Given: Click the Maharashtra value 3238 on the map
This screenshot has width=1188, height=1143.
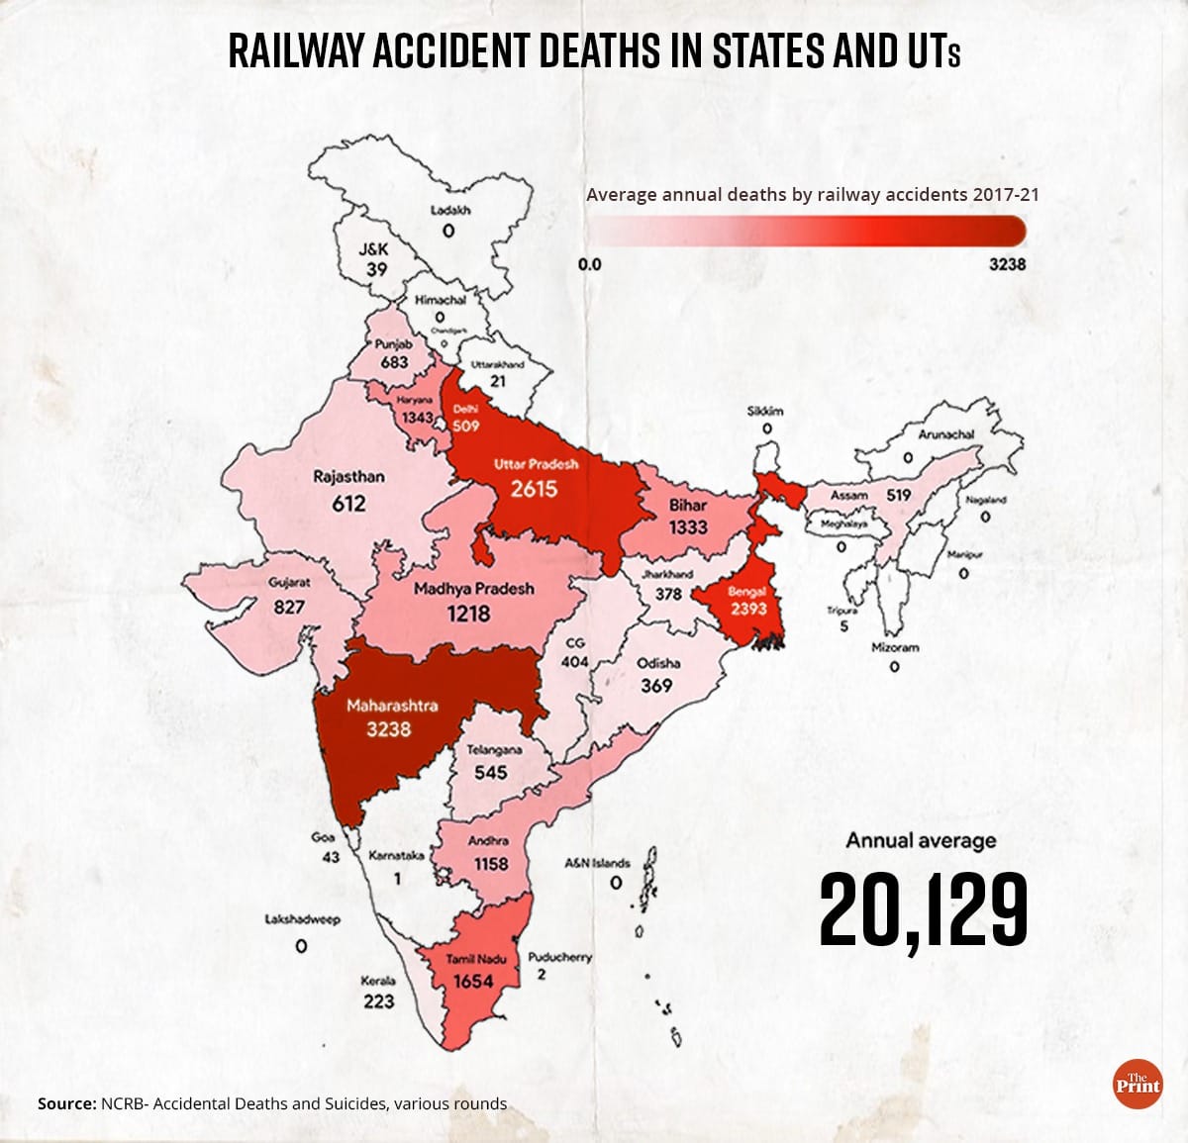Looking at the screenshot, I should pyautogui.click(x=388, y=730).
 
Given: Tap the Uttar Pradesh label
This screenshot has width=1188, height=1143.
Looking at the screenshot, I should pyautogui.click(x=536, y=463).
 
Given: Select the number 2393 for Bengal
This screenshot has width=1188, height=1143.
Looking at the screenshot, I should pyautogui.click(x=748, y=609).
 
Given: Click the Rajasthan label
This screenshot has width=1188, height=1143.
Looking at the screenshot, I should pyautogui.click(x=348, y=476).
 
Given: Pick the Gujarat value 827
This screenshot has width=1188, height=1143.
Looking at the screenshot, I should pyautogui.click(x=289, y=606).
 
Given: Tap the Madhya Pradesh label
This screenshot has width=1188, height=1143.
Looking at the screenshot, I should pyautogui.click(x=473, y=588).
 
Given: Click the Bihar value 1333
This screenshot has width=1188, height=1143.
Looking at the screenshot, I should pyautogui.click(x=687, y=527).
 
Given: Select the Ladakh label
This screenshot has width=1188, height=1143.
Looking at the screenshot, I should pyautogui.click(x=450, y=210).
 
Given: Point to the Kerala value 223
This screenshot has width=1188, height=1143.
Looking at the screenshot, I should pyautogui.click(x=378, y=1001).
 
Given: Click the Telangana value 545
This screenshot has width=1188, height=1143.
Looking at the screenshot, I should pyautogui.click(x=490, y=772).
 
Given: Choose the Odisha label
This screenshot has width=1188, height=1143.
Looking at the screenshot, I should pyautogui.click(x=657, y=663).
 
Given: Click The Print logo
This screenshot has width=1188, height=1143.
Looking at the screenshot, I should pyautogui.click(x=1137, y=1084).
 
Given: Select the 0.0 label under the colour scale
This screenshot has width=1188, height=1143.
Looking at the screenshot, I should pyautogui.click(x=589, y=264).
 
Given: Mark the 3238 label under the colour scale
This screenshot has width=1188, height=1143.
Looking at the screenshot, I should pyautogui.click(x=1008, y=264).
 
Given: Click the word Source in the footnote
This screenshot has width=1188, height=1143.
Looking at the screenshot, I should pyautogui.click(x=65, y=1103).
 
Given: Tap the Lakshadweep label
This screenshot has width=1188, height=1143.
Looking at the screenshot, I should pyautogui.click(x=302, y=919).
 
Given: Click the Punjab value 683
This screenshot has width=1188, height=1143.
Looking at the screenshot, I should pyautogui.click(x=394, y=362).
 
